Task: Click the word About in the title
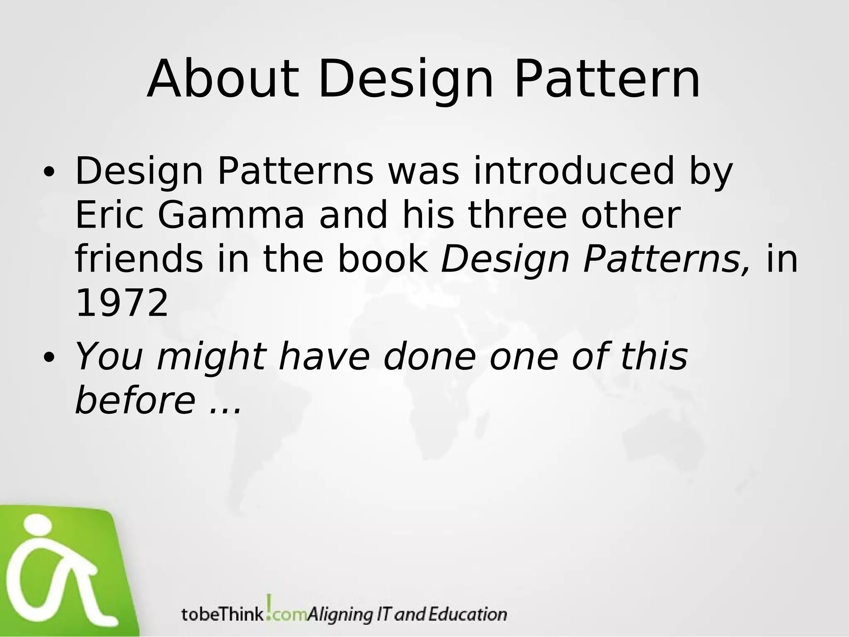point(223,80)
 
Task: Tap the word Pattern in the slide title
point(607,80)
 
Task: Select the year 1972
point(122,303)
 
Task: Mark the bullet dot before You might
point(49,357)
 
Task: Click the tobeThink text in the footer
point(222,614)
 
